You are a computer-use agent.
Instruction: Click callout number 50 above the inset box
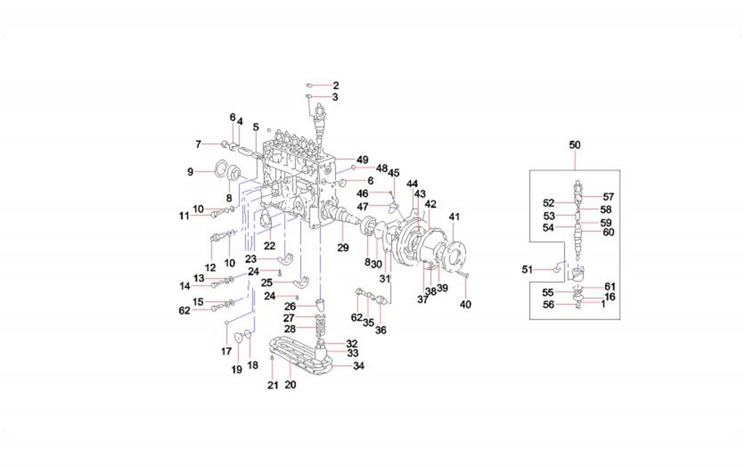(x=575, y=145)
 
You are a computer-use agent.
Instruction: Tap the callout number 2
(x=335, y=86)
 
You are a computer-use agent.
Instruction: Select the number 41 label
(x=455, y=216)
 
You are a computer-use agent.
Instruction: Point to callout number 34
(x=359, y=366)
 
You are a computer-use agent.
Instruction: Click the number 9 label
(x=191, y=171)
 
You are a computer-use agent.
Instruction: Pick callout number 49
(x=363, y=159)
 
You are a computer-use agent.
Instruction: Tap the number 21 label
(x=272, y=386)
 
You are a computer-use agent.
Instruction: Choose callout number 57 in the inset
(x=607, y=196)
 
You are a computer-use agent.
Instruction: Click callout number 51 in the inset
(x=527, y=269)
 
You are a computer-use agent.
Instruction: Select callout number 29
(x=343, y=247)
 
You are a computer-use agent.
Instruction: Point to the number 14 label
(x=186, y=286)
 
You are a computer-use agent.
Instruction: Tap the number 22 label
(x=269, y=245)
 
